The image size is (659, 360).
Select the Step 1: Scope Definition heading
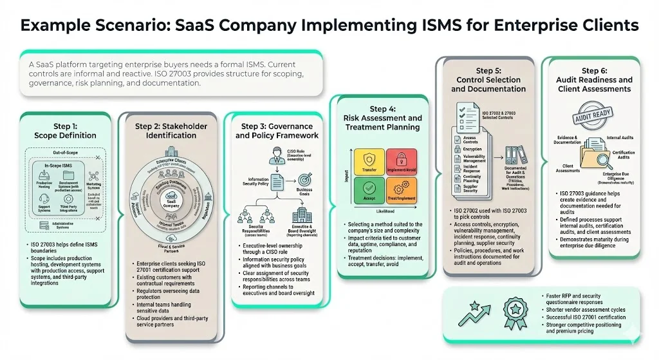click(x=65, y=130)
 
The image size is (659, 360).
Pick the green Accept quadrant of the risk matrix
click(x=368, y=191)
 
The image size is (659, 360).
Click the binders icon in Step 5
click(x=514, y=155)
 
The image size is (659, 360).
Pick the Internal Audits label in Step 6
click(x=620, y=137)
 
